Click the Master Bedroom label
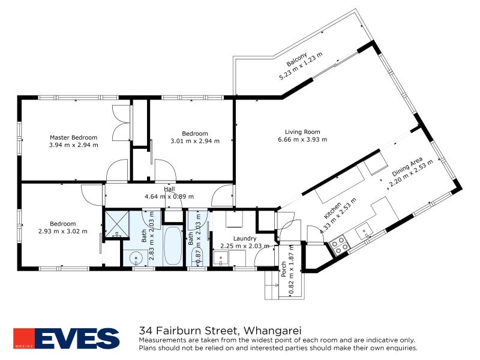coord(69,137)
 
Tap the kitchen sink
coord(365,230)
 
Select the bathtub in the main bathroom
coord(173,246)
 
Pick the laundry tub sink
coord(220,260)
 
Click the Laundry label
coord(228,238)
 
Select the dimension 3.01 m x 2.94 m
coord(195,141)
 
